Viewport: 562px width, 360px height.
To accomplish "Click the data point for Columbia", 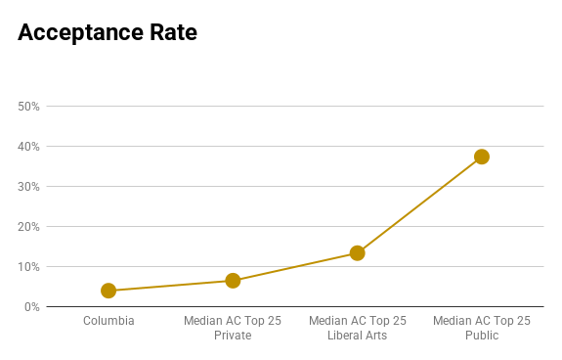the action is (x=108, y=291).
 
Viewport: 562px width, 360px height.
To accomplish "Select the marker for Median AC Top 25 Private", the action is (x=233, y=281).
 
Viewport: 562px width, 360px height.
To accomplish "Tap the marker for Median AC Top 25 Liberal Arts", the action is (x=357, y=253).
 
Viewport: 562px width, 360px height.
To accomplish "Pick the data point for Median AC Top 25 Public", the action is (x=482, y=157).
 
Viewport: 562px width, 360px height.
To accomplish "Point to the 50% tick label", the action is (x=28, y=107).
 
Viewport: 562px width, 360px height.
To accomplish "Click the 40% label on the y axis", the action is (x=28, y=147).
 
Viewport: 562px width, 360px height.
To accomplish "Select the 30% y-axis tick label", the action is (x=28, y=187).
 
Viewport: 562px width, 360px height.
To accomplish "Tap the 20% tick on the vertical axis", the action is (x=28, y=227).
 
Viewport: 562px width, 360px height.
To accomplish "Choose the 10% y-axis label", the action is (x=28, y=267).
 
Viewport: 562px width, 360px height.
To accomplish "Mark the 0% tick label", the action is (x=32, y=307).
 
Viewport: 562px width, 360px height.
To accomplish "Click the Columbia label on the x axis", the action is (x=108, y=321).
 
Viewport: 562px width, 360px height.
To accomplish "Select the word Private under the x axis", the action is (x=233, y=336).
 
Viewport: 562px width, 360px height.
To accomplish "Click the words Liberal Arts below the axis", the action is (x=357, y=336).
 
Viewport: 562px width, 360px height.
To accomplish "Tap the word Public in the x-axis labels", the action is (x=482, y=336).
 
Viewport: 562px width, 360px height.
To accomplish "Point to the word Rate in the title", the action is (x=173, y=32).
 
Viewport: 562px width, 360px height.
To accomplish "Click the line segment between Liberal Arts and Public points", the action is (x=419, y=204).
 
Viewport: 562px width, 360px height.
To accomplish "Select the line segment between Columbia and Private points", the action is (x=171, y=286).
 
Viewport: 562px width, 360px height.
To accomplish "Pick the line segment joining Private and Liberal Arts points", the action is (x=295, y=267).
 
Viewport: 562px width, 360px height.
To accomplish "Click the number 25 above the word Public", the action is (x=523, y=321).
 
